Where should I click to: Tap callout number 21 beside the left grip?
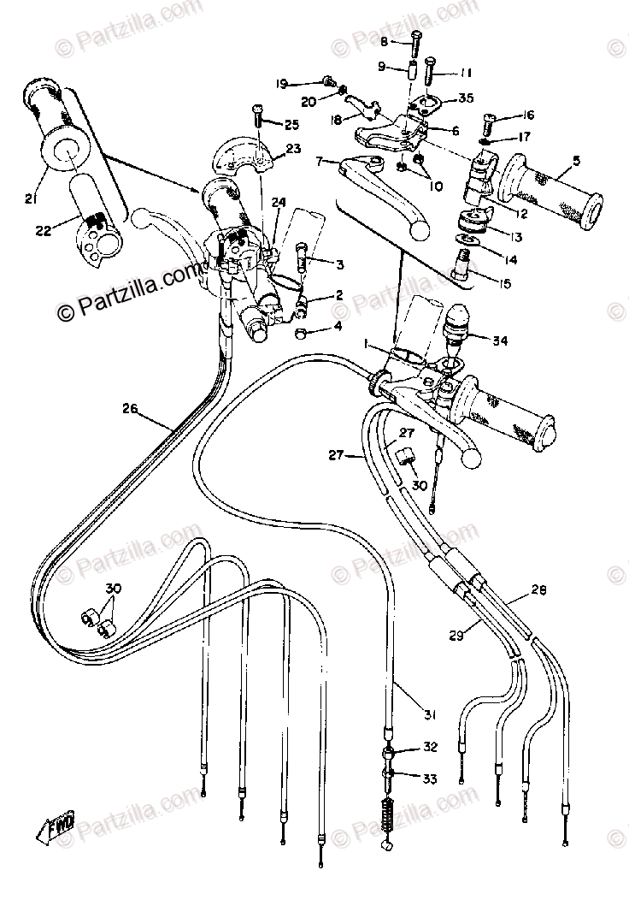pyautogui.click(x=30, y=198)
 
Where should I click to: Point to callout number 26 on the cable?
pyautogui.click(x=129, y=409)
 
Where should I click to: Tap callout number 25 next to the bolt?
pyautogui.click(x=292, y=125)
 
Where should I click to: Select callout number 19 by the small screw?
pyautogui.click(x=281, y=83)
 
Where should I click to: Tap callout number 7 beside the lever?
pyautogui.click(x=320, y=160)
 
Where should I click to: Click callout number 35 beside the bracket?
pyautogui.click(x=465, y=98)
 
